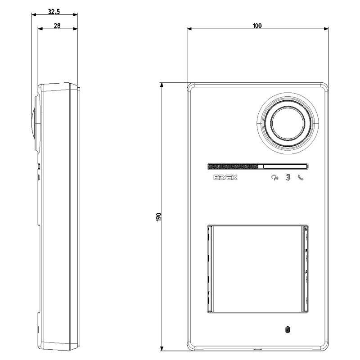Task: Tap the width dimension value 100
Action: (257, 26)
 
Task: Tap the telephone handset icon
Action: (300, 178)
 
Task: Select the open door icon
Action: (287, 178)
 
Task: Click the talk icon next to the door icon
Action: (274, 178)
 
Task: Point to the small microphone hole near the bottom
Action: (287, 330)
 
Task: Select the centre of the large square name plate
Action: (258, 269)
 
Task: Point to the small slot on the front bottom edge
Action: (258, 349)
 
